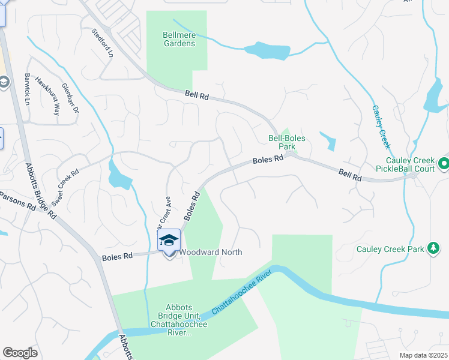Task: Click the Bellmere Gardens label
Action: pyautogui.click(x=179, y=39)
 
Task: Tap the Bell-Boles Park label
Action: pyautogui.click(x=286, y=142)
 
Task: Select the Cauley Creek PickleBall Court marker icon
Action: pyautogui.click(x=443, y=163)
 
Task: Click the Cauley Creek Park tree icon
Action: pyautogui.click(x=432, y=248)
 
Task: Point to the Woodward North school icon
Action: pyautogui.click(x=169, y=240)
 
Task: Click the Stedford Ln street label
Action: pyautogui.click(x=102, y=43)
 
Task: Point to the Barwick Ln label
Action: pyautogui.click(x=26, y=89)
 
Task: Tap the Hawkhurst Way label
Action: pyautogui.click(x=48, y=96)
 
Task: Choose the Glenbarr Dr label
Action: pyautogui.click(x=70, y=99)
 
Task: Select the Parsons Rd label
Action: pyautogui.click(x=18, y=200)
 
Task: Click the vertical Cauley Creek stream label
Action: pyautogui.click(x=381, y=126)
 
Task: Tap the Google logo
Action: pyautogui.click(x=20, y=353)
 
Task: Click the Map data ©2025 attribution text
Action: pyautogui.click(x=423, y=355)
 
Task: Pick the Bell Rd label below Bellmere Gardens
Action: pyautogui.click(x=196, y=95)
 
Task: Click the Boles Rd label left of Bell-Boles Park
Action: pyautogui.click(x=268, y=160)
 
